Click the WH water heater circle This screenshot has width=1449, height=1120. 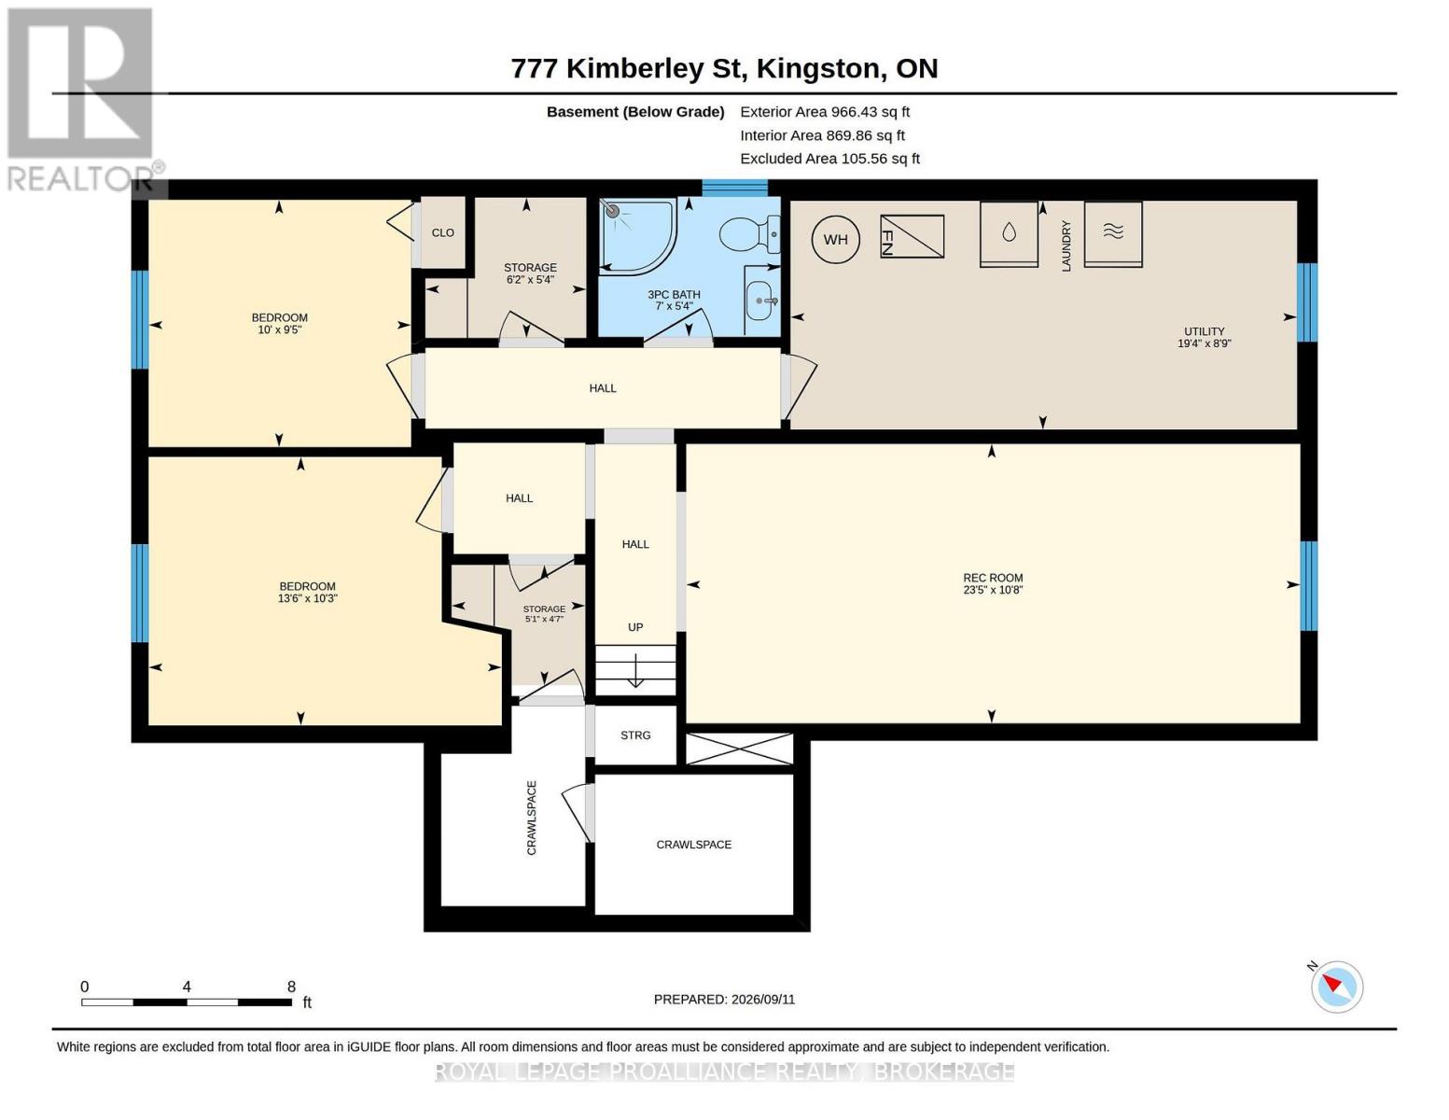click(835, 240)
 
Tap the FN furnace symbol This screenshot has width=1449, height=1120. click(913, 236)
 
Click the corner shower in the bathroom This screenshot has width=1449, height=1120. click(637, 236)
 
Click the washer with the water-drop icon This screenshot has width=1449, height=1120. click(1009, 234)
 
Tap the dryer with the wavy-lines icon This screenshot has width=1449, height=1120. click(1113, 234)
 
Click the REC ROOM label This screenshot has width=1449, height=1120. click(993, 578)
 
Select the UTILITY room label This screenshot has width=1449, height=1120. click(1205, 331)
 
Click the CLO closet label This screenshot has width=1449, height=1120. click(443, 232)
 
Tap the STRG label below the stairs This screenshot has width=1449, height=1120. click(635, 735)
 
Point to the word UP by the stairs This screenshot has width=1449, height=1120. click(635, 627)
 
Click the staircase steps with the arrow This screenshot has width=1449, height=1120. click(635, 670)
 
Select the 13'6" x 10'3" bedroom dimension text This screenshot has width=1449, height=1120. click(307, 598)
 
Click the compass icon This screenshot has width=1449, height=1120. click(1336, 987)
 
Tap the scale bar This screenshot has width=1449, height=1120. click(187, 1002)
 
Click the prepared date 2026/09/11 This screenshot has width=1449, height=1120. click(763, 1000)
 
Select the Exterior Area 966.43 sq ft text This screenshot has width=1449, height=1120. click(825, 112)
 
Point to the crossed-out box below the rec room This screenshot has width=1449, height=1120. click(740, 749)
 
